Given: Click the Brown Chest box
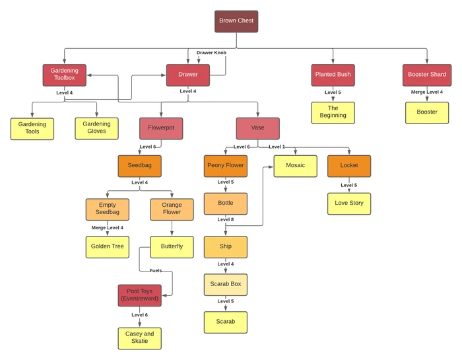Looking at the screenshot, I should (236, 21).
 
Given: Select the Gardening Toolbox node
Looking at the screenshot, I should (64, 75).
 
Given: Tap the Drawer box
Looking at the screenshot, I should (187, 75).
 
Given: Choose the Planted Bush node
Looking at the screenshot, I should (333, 75).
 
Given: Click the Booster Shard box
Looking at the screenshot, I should (427, 75).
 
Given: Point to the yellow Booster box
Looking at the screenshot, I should (427, 112).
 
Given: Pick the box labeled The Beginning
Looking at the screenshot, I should (333, 112).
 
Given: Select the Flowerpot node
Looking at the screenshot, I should (161, 128).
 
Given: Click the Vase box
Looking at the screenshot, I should (257, 128).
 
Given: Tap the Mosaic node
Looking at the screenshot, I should (296, 166).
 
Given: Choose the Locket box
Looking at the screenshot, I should (349, 166).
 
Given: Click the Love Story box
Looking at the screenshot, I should (349, 203).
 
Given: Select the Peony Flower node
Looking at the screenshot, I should (226, 166).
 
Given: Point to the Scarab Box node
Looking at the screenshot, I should (226, 285).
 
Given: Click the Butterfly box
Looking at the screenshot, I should (172, 247).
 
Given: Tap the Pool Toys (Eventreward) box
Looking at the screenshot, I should (139, 295).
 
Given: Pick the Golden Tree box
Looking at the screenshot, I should (107, 247).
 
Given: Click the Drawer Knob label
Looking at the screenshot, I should (212, 52).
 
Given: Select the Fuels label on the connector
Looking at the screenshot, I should (155, 271).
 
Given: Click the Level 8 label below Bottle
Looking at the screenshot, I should (226, 219).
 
